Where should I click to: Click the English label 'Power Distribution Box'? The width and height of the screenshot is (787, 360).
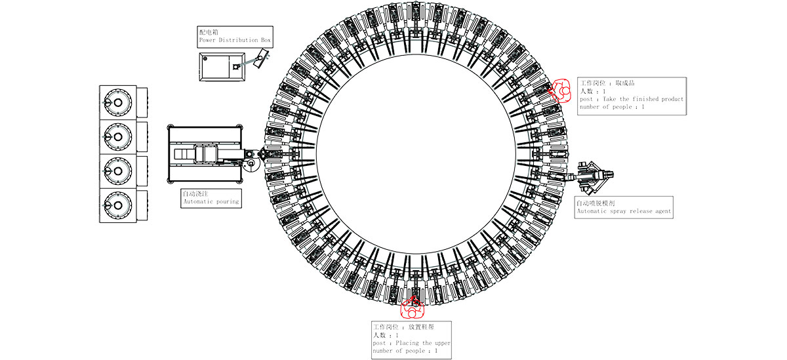click(x=235, y=40)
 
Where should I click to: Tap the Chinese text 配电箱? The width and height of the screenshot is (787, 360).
click(x=210, y=31)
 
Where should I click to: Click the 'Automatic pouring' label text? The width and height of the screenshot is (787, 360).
click(x=211, y=201)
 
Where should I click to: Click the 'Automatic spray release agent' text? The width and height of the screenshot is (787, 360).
click(x=624, y=211)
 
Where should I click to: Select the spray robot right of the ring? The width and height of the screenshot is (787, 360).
click(x=595, y=175)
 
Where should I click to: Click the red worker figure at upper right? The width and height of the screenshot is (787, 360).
click(x=561, y=90)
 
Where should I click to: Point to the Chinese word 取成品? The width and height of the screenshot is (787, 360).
click(x=625, y=83)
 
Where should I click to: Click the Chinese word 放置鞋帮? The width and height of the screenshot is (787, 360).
click(x=421, y=327)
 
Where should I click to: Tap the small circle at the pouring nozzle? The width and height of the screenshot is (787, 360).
click(x=251, y=163)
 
